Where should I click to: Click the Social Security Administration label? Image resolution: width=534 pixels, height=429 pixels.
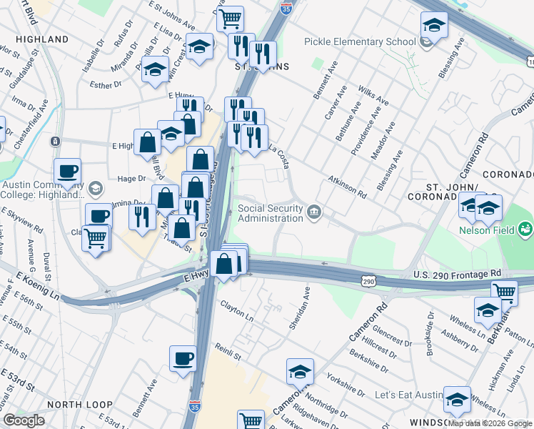[270, 213]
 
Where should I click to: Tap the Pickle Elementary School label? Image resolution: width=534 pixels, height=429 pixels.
[360, 41]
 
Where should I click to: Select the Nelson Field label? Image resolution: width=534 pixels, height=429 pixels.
[487, 230]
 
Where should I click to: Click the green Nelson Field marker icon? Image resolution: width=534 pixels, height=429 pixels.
[525, 230]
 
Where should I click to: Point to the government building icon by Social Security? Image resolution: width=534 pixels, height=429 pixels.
[313, 212]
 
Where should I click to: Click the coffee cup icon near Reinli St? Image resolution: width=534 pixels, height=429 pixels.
[183, 357]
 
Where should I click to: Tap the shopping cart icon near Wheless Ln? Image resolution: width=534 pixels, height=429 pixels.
[504, 291]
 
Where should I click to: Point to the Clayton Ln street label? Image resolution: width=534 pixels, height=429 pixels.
[236, 312]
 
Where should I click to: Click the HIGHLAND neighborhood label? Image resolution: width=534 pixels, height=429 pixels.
[36, 39]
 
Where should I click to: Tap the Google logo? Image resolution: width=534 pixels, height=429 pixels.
[24, 420]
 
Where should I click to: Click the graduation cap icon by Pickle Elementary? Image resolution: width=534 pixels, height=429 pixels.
[433, 25]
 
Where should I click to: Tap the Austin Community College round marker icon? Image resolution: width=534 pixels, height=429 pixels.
[96, 189]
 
